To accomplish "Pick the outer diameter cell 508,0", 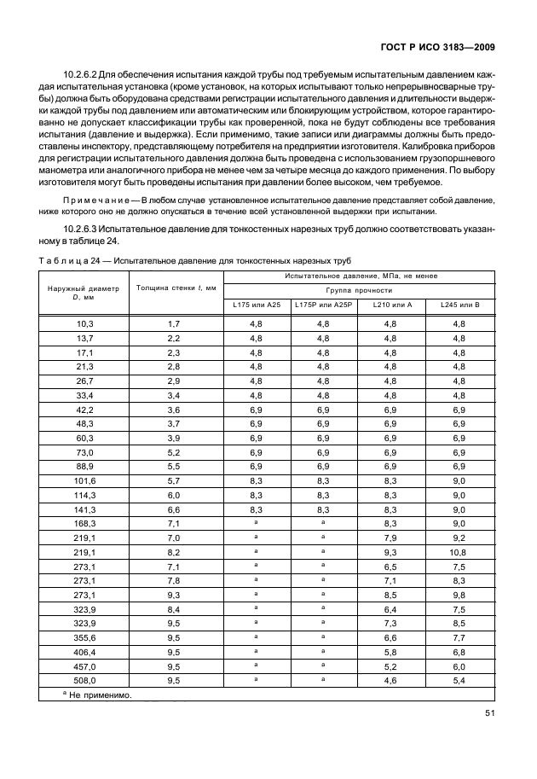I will point(83,680).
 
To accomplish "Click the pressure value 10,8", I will point(459,552).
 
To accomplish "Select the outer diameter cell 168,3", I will point(83,523).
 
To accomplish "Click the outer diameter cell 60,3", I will point(83,438).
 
